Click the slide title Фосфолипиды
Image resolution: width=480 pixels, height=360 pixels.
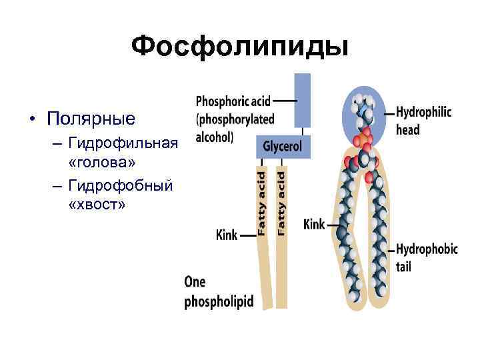[239, 47]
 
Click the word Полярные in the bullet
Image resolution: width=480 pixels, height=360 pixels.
[91, 119]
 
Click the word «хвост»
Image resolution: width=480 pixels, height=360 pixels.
[96, 204]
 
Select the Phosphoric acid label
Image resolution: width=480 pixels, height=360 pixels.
[233, 101]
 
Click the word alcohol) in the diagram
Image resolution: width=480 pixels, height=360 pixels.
[215, 137]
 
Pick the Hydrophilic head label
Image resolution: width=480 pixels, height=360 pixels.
[423, 121]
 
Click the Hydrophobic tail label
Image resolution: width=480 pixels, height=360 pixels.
[427, 257]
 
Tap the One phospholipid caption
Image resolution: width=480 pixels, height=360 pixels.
[219, 291]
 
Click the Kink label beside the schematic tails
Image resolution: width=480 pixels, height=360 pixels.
[227, 235]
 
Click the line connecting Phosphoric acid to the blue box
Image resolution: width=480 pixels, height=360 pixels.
[285, 101]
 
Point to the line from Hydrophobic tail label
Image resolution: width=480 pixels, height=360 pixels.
[389, 249]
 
